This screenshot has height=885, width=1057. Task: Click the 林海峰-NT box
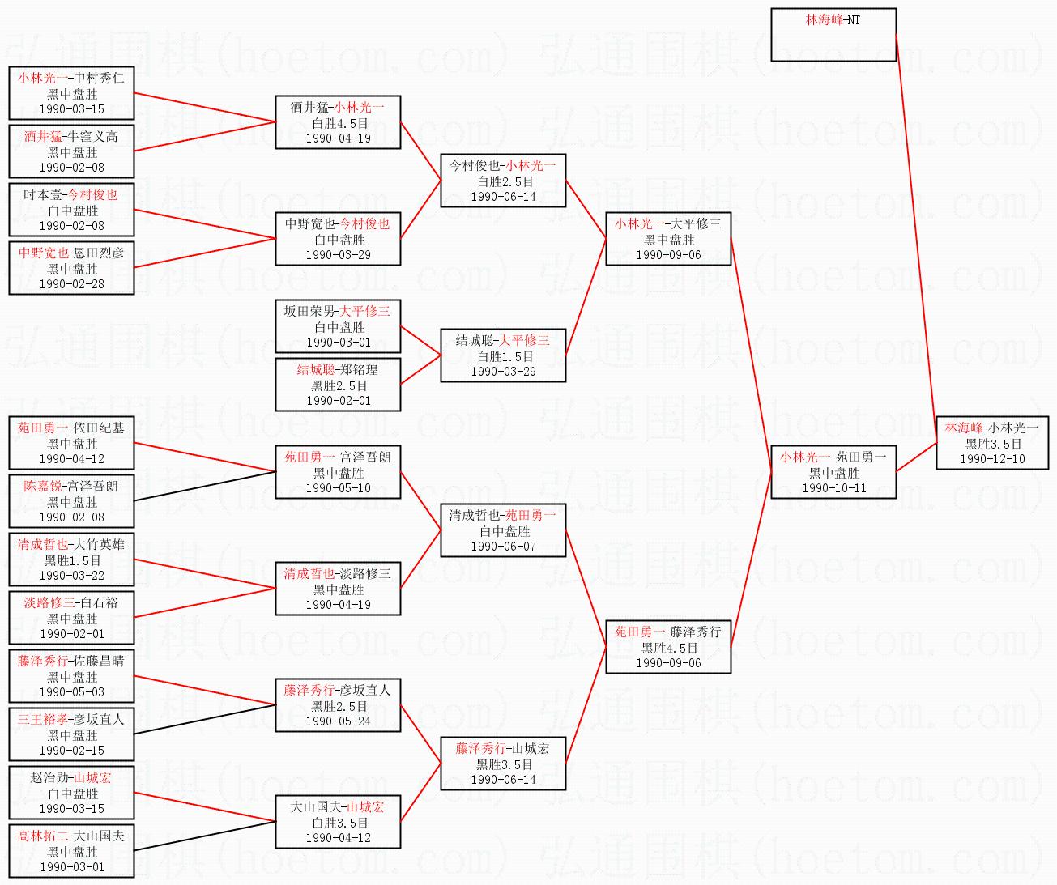pos(833,34)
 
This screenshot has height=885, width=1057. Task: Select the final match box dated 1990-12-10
pos(992,443)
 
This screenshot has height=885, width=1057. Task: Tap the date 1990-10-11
pos(833,488)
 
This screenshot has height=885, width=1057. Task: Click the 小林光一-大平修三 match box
pos(668,239)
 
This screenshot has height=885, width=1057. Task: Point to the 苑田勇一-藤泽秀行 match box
pos(668,647)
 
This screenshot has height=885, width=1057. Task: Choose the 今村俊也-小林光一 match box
pos(503,181)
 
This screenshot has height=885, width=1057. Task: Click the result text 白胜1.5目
pos(505,356)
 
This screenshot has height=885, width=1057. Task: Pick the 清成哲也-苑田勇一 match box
pos(503,530)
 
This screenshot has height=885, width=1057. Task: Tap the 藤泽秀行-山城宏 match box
pos(503,763)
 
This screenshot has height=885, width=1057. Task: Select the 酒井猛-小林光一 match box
pos(339,122)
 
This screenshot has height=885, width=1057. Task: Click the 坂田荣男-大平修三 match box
pos(339,326)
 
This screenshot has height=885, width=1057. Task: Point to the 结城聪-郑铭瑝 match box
pos(339,385)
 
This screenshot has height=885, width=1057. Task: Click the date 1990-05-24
pos(339,721)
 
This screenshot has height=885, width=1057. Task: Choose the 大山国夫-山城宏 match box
pos(339,822)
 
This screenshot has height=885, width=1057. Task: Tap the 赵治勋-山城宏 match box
pos(71,793)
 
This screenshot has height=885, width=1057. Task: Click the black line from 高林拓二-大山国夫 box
pos(205,836)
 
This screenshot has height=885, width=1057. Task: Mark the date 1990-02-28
pos(72,284)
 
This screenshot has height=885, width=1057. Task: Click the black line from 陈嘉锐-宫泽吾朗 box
pos(205,486)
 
